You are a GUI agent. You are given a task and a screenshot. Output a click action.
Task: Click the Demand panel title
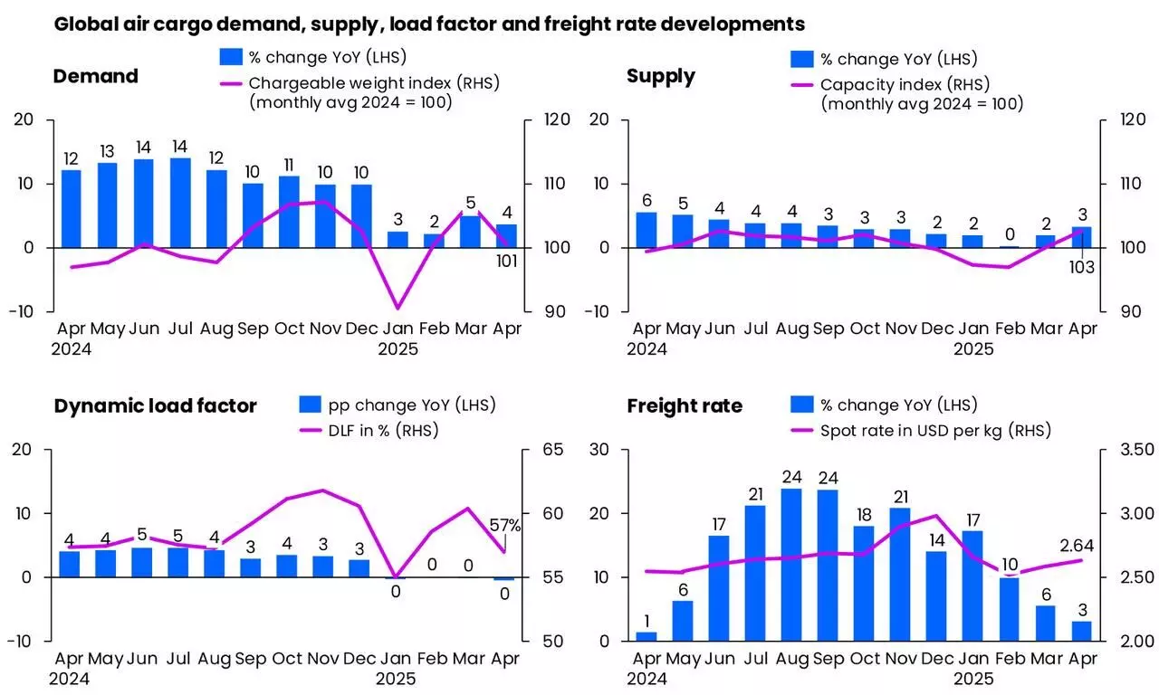[95, 76]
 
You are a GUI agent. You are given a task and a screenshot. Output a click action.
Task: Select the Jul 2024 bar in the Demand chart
[180, 203]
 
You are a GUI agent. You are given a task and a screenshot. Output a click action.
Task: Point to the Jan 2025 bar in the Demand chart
[398, 239]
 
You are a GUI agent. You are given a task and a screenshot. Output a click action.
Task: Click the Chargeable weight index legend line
[231, 83]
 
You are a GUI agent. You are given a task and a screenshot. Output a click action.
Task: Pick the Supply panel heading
[660, 76]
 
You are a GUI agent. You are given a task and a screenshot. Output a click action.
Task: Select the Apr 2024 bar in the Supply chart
[646, 230]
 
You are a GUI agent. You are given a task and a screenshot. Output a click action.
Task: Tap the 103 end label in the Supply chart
[1081, 268]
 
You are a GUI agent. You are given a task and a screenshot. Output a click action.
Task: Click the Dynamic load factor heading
[155, 405]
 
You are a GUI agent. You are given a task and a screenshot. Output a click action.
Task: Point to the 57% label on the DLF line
[505, 525]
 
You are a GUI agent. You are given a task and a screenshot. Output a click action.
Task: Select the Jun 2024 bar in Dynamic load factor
[142, 562]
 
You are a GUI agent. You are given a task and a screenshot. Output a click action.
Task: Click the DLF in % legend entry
[368, 430]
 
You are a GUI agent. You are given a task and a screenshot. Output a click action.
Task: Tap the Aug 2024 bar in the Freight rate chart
[790, 565]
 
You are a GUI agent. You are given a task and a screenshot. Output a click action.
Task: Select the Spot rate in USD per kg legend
[935, 430]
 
